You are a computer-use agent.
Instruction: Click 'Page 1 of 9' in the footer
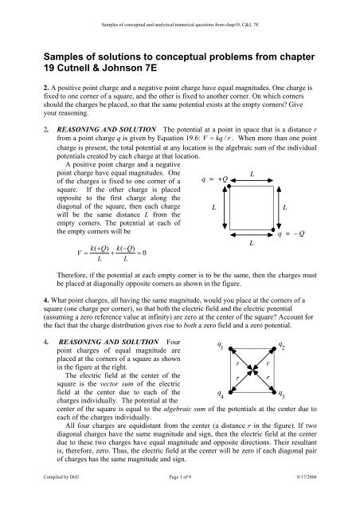tap(180, 498)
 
